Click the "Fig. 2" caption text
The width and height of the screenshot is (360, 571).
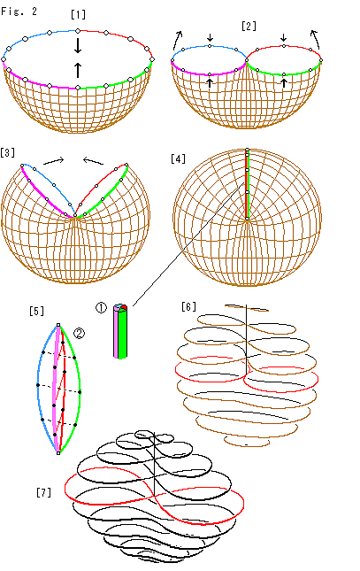(19, 12)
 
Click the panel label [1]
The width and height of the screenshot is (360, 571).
(78, 14)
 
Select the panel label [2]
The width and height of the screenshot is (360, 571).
(249, 27)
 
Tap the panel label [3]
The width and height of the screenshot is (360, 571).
(8, 152)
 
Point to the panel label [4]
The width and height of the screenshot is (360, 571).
(178, 159)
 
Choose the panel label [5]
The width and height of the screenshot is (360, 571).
(37, 311)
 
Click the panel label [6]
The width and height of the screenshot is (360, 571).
(188, 306)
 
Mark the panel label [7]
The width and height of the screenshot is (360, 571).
(43, 493)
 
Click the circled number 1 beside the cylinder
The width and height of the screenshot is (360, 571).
(101, 308)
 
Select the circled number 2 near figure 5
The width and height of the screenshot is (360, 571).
(80, 333)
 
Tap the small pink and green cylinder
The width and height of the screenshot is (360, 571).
(120, 331)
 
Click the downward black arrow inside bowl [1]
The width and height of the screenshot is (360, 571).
(78, 45)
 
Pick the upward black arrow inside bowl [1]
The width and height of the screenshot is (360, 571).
(78, 70)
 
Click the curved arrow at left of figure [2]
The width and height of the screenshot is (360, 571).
(177, 40)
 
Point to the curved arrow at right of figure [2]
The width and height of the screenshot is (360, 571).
(316, 39)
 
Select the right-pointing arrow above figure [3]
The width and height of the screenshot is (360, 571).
(54, 160)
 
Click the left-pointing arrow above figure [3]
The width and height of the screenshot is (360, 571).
(93, 160)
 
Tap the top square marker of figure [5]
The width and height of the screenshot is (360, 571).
(58, 325)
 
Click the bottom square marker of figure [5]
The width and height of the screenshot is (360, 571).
(58, 453)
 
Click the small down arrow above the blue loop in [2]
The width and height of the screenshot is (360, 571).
(210, 37)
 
